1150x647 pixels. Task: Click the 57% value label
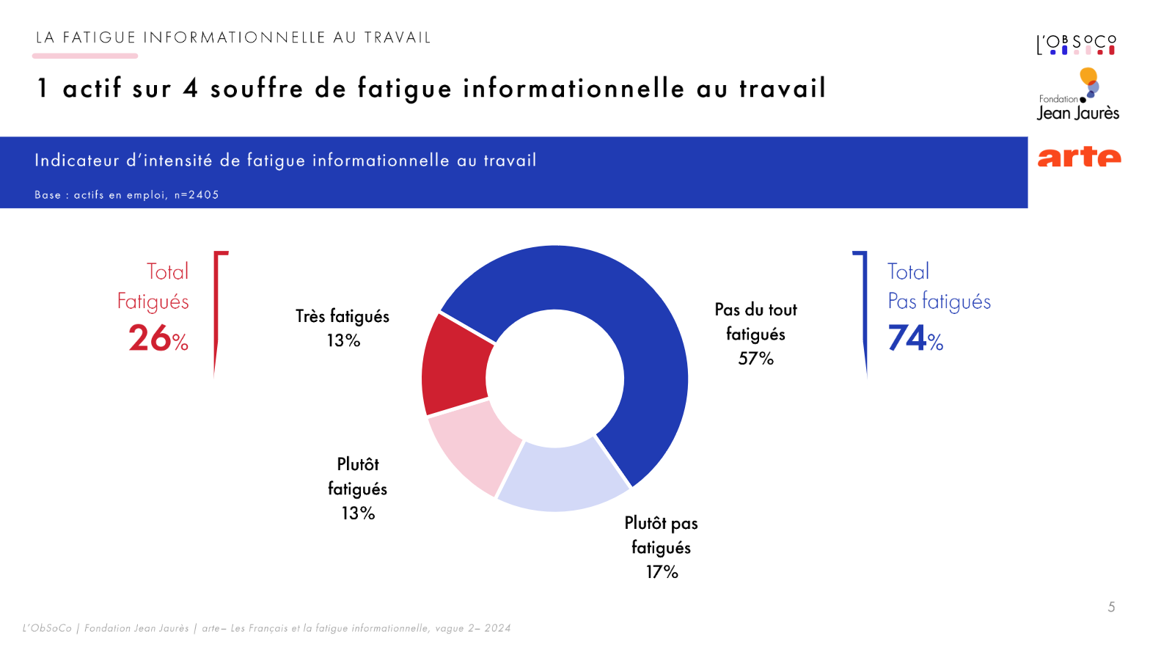[755, 359]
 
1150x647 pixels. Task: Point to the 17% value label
[662, 572]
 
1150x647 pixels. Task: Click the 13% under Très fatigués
[343, 341]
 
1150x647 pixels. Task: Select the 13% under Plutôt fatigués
[358, 513]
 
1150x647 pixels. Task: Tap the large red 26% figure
[158, 339]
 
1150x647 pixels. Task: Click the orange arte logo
[1079, 156]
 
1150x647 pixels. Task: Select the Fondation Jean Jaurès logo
[1078, 95]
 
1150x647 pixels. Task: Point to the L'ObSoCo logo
[1076, 45]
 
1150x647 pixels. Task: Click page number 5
[1111, 607]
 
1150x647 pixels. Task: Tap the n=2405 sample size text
[197, 195]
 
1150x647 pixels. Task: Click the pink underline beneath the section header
[85, 56]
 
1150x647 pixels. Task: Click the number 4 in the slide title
[191, 89]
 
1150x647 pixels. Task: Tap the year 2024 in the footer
[497, 629]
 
